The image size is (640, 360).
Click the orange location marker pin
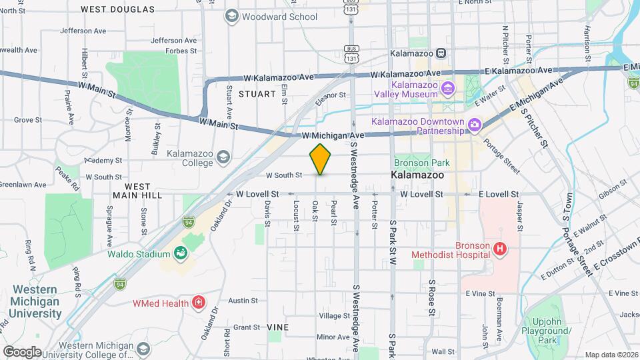[321, 159]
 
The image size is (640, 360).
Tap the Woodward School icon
[232, 16]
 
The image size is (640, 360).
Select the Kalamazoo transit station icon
[441, 53]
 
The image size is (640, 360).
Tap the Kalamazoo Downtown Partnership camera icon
[474, 124]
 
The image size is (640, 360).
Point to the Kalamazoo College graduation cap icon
[223, 157]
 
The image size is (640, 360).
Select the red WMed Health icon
[198, 303]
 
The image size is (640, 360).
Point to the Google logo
[21, 351]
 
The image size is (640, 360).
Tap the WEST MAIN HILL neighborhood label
[138, 191]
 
